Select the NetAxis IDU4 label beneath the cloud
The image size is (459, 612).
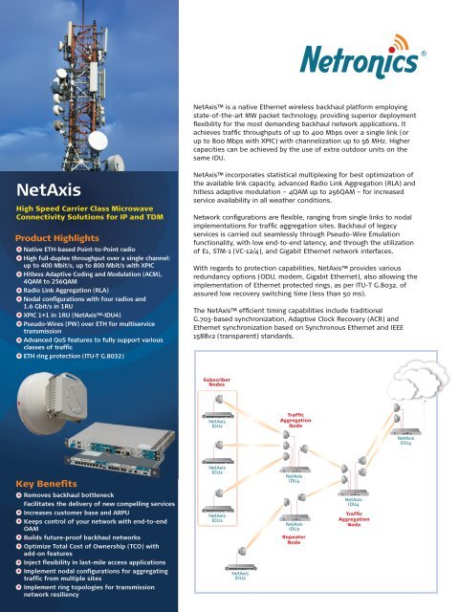coord(406,440)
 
